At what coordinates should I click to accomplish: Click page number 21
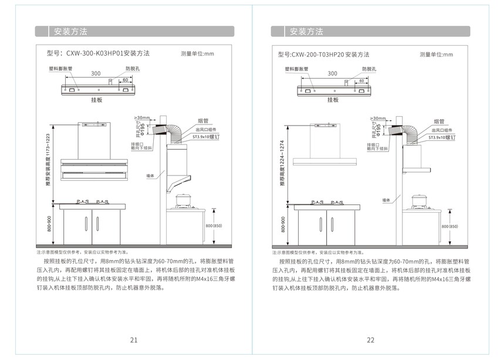pyautogui.click(x=134, y=340)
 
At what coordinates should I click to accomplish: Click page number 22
pyautogui.click(x=370, y=340)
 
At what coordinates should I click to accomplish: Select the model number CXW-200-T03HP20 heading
pyautogui.click(x=324, y=55)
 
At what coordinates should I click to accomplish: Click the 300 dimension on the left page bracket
pyautogui.click(x=95, y=74)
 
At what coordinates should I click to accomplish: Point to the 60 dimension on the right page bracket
pyautogui.click(x=354, y=80)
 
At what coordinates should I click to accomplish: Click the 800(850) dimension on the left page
pyautogui.click(x=213, y=226)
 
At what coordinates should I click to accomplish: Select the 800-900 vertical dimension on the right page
pyautogui.click(x=283, y=224)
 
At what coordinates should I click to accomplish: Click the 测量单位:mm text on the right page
pyautogui.click(x=436, y=55)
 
